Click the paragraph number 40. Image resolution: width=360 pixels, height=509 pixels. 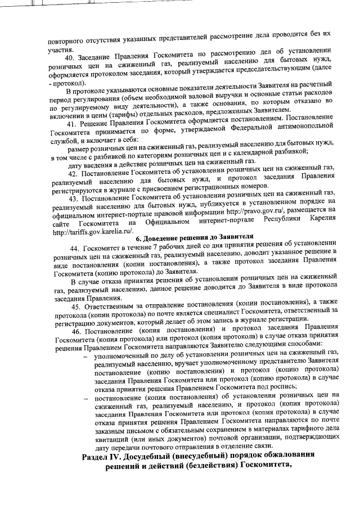point(70,58)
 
